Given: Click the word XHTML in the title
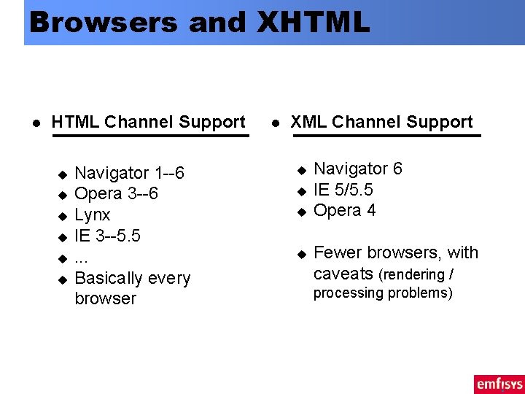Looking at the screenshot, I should click(314, 22).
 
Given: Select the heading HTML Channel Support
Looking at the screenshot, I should click(148, 122).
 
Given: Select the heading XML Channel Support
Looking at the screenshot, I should click(381, 122).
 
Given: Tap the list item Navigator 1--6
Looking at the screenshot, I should click(129, 173).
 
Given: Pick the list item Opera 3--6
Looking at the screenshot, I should click(116, 194).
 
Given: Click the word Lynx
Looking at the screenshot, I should click(93, 215).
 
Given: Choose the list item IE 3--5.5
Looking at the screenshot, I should click(107, 236).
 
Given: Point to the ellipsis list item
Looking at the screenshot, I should click(82, 258).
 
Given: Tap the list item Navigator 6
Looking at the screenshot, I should click(357, 169).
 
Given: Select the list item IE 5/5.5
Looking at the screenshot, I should click(343, 190).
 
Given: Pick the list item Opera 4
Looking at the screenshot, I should click(344, 211).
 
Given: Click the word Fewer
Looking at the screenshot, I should click(338, 252).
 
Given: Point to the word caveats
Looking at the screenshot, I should click(343, 274).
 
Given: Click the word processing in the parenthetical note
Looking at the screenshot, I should click(347, 293).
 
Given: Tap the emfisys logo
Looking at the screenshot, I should click(498, 383).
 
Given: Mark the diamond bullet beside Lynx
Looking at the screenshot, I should click(62, 217).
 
